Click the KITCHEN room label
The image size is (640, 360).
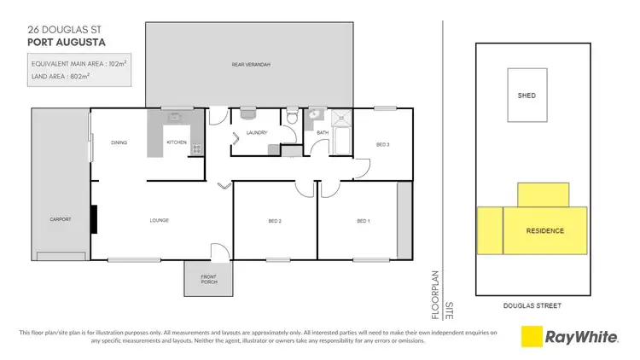(x=177, y=142)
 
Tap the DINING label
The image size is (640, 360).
(x=119, y=142)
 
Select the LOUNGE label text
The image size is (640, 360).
(x=160, y=220)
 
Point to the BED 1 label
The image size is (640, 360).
(x=364, y=222)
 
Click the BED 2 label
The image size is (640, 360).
(x=275, y=222)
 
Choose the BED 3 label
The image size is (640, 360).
(x=383, y=144)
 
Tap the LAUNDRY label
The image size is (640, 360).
(x=256, y=133)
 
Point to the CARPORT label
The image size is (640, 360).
(x=60, y=219)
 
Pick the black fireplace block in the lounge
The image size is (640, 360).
(x=95, y=218)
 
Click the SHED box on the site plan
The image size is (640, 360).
(x=527, y=96)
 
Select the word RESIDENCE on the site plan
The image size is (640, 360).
(x=544, y=231)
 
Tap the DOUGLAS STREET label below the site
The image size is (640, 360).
(x=532, y=305)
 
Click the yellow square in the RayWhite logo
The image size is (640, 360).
(x=533, y=337)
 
